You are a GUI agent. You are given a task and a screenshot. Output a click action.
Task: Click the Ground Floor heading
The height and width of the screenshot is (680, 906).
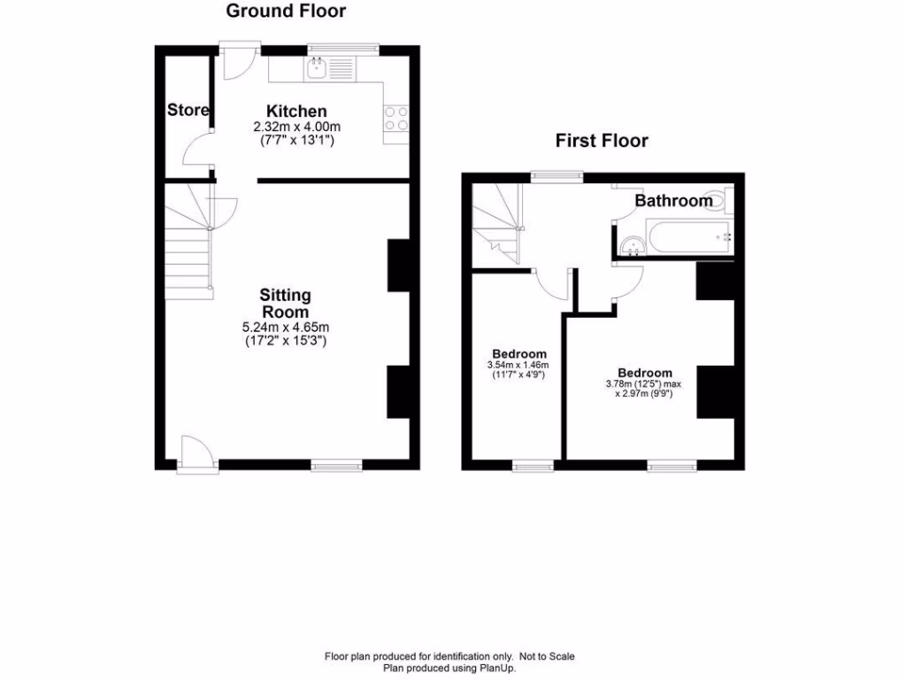[286, 12]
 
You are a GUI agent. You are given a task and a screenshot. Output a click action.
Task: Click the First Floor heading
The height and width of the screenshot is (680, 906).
[602, 141]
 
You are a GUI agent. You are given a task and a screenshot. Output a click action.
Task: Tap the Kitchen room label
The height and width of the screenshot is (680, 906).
[296, 112]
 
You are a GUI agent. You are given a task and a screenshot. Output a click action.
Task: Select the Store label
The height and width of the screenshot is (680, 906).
[188, 111]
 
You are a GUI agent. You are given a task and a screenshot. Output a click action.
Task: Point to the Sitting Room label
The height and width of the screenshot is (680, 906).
[285, 303]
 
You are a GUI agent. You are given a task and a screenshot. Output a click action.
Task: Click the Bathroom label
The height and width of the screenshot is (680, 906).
[673, 201]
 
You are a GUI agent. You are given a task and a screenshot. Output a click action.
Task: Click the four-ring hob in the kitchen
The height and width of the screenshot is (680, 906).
[395, 118]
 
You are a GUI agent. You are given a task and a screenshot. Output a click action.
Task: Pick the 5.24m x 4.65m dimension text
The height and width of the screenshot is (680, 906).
[285, 327]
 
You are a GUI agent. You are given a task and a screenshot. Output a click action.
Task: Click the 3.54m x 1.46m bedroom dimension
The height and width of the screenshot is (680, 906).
[518, 365]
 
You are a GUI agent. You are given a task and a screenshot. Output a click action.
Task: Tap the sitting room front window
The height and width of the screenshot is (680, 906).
[336, 463]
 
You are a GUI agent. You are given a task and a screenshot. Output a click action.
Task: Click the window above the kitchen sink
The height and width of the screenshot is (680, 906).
[343, 49]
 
